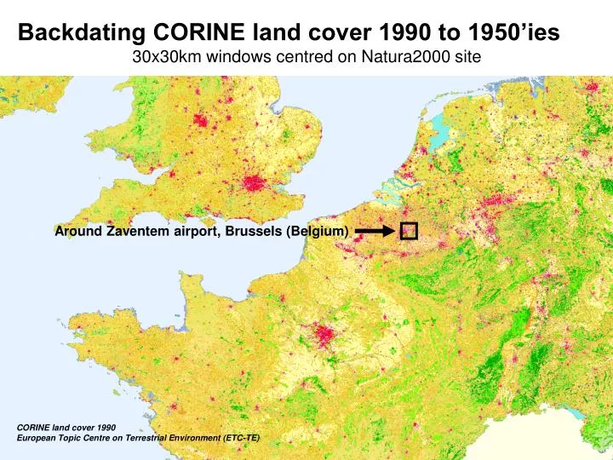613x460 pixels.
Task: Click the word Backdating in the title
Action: pos(83,33)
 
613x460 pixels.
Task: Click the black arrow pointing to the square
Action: pos(375,231)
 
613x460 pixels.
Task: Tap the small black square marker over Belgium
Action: pos(408,231)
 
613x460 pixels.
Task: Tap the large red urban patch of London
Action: pos(254,183)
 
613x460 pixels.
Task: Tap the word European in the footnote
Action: pos(40,438)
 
